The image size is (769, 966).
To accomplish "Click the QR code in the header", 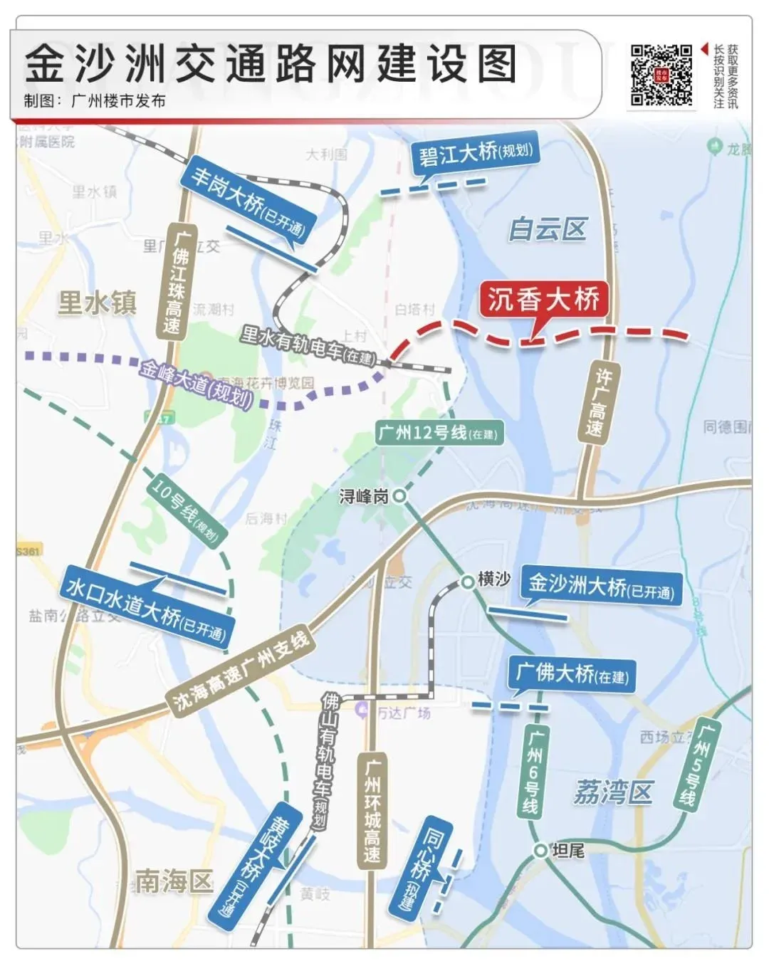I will [661, 75].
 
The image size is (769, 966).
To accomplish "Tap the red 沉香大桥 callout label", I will [544, 299].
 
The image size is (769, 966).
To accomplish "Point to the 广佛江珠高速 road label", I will [173, 282].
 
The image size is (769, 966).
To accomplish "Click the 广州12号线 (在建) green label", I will [439, 433].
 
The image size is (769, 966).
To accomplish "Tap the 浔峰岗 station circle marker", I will [400, 495].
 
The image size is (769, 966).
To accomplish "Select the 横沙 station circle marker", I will [467, 582].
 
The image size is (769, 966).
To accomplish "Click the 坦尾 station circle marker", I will [541, 850].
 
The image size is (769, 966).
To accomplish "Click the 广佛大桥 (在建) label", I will [572, 673].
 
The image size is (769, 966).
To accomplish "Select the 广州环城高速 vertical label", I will [372, 811].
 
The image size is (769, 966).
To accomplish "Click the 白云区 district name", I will [547, 229].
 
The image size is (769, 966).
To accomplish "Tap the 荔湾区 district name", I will [612, 792].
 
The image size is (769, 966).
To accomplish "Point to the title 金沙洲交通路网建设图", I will [271, 64].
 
